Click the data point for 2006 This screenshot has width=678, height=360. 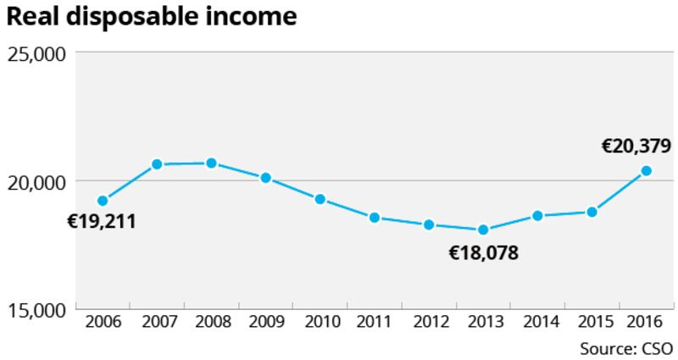103,201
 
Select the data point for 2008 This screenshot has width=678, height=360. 212,163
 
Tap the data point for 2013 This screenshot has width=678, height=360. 483,230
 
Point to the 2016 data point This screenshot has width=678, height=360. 646,170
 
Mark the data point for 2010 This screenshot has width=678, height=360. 320,199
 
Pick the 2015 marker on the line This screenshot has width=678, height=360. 592,212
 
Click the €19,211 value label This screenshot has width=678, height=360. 102,223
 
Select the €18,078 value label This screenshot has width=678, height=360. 483,252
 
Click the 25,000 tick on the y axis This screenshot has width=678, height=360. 36,54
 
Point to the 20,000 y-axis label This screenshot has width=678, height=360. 36,182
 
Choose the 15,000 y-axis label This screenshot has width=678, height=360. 36,310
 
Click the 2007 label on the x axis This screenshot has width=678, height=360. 158,323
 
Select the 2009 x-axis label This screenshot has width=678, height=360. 266,323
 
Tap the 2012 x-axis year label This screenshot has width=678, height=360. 429,323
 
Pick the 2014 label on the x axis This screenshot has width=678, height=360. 537,323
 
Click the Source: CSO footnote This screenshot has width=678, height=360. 625,348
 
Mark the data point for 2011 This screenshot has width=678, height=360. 374,218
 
